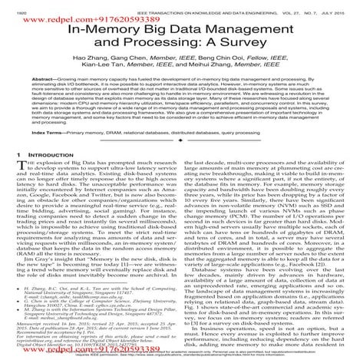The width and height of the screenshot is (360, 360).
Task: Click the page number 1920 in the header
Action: (14, 5)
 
